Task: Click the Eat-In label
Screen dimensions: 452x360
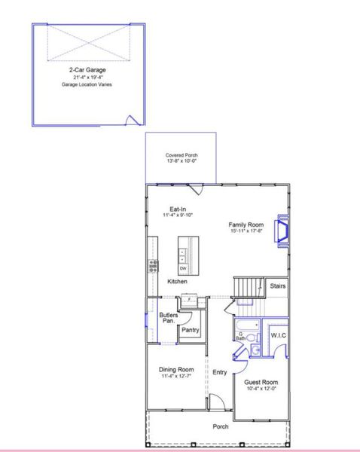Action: pos(178,209)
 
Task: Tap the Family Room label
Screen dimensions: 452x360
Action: pos(246,224)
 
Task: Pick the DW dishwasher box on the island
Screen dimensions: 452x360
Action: pos(183,268)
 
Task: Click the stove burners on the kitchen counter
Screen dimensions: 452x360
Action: pos(153,265)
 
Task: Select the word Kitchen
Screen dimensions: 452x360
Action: pos(178,282)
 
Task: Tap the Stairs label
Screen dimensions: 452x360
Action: pos(277,286)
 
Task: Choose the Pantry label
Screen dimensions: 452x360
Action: pos(191,330)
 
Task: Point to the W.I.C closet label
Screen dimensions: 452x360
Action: pos(278,335)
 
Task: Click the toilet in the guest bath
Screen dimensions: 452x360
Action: pos(255,350)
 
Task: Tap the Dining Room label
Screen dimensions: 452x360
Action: pos(176,369)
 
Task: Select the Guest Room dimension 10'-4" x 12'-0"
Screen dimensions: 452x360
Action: pos(261,389)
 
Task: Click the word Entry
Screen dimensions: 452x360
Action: pos(220,372)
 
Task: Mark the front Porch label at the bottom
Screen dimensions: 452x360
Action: pos(221,426)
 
